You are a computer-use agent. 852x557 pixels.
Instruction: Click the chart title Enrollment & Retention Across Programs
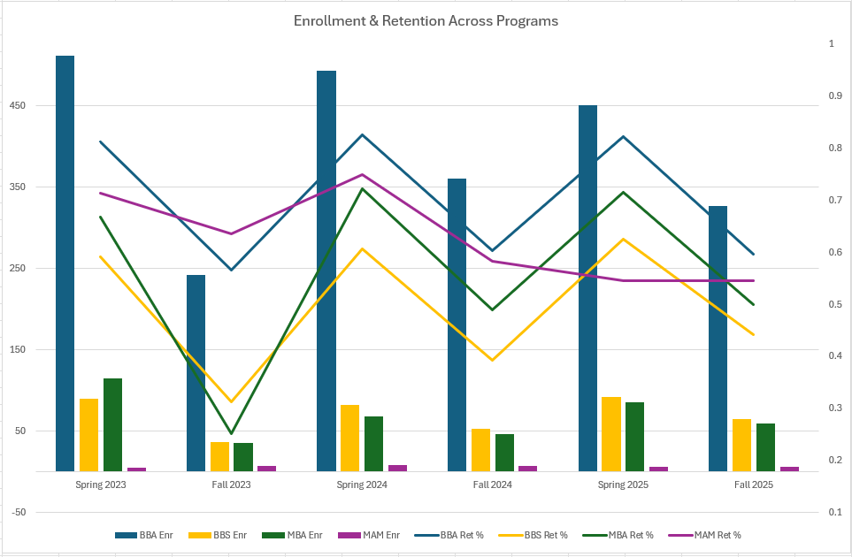coord(426,20)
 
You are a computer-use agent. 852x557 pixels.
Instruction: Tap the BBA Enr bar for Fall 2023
coord(196,372)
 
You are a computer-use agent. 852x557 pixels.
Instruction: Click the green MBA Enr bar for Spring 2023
coord(112,424)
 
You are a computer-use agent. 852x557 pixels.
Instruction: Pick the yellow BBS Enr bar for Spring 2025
coord(611,433)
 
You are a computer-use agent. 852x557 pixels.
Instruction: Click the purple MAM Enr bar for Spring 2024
coord(397,468)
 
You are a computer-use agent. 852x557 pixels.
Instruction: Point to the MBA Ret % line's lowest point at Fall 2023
coord(230,433)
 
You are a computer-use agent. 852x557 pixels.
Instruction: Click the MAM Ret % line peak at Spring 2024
coord(362,174)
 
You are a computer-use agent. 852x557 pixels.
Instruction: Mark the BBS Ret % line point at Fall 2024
coord(492,360)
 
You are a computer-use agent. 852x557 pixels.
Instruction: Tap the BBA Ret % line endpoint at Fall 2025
coord(753,254)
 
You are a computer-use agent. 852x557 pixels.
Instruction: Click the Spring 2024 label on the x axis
coord(362,485)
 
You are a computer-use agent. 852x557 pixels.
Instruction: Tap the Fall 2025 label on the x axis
coord(754,485)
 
